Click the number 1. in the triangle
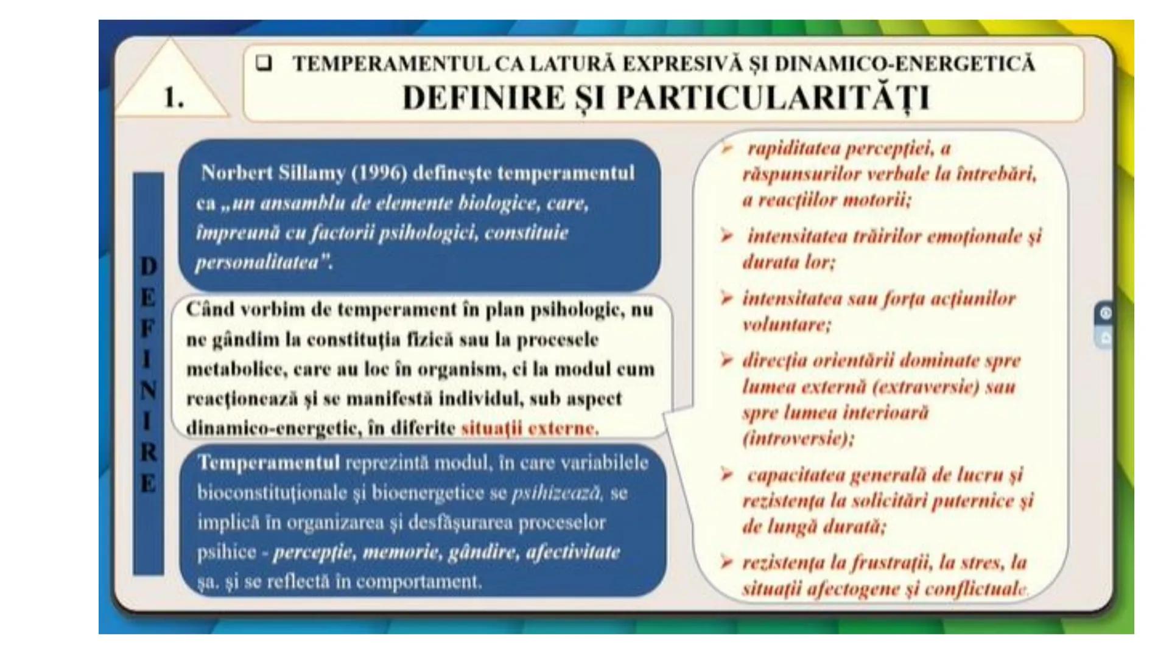[174, 97]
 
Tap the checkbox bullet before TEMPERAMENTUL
[264, 63]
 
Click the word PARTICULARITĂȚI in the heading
[773, 98]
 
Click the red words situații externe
[529, 428]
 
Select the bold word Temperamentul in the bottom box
[269, 464]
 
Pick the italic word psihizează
[556, 493]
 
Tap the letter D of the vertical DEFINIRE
[148, 266]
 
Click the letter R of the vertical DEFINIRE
[148, 453]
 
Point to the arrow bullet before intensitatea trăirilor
[726, 236]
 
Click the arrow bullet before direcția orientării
[726, 360]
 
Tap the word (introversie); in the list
[798, 439]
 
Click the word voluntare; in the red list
[786, 325]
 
